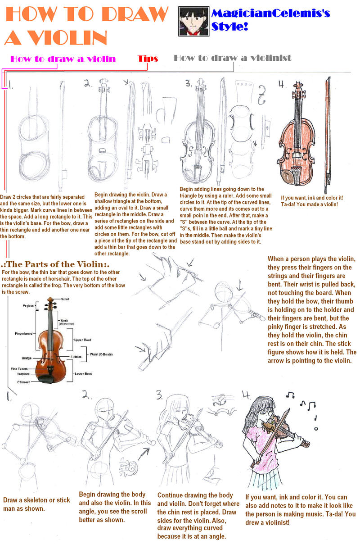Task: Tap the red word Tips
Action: (148, 59)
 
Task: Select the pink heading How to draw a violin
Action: (63, 59)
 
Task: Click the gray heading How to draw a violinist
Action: (232, 58)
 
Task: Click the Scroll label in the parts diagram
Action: (66, 299)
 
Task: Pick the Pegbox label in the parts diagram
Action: (29, 305)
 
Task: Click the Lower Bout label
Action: (84, 374)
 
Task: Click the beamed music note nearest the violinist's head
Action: (290, 395)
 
